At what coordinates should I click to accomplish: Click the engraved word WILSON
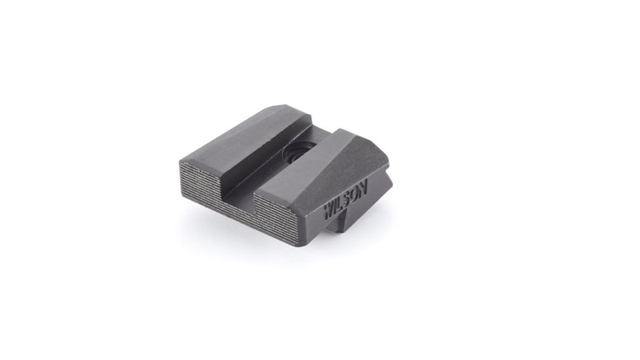point(346,199)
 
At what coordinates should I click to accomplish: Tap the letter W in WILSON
point(329,211)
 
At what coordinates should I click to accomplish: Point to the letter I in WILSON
point(336,206)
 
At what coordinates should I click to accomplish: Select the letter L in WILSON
point(341,202)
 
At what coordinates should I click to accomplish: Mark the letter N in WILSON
point(364,187)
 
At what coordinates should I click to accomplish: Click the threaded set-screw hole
point(294,155)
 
